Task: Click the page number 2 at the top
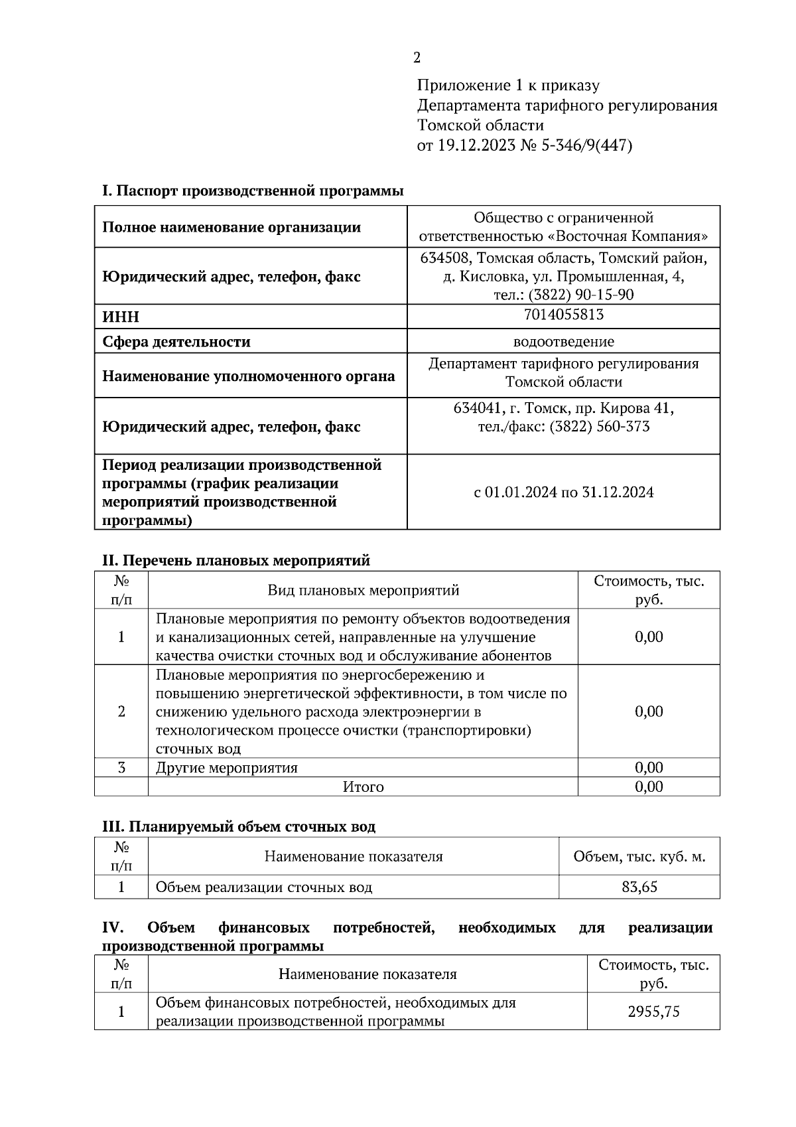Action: click(417, 58)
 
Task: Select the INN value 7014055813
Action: click(563, 315)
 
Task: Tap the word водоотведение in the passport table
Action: click(563, 342)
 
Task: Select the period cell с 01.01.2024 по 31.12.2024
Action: click(563, 492)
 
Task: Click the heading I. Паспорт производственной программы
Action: click(252, 191)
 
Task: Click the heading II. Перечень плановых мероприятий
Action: click(235, 561)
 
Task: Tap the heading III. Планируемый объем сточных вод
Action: click(238, 827)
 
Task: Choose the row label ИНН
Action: click(121, 317)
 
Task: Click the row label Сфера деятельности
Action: click(176, 342)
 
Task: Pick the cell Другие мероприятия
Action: click(226, 768)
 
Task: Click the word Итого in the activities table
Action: click(363, 787)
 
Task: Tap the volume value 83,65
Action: click(639, 887)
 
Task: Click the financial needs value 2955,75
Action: click(653, 1012)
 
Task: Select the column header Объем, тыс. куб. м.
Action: click(639, 857)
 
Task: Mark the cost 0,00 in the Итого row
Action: click(648, 787)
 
